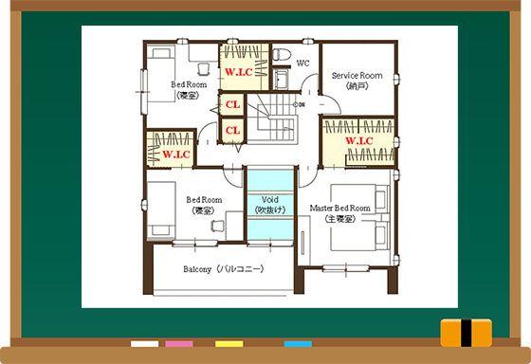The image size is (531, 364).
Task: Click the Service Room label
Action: coord(357,81)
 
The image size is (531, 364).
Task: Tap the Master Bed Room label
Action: coord(340,213)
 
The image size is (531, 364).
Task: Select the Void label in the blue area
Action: coord(270,205)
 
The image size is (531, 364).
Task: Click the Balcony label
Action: coord(224,269)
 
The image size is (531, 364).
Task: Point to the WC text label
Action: coord(302,64)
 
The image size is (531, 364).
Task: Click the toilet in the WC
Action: coord(282,54)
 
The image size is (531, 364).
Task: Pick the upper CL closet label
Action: coord(232,104)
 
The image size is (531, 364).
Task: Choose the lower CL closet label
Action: coord(232,131)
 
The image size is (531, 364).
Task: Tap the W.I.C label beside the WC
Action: coord(239,72)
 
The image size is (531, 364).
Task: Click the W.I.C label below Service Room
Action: coord(359,140)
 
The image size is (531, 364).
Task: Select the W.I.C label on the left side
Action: coord(176,155)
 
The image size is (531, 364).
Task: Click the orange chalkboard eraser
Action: coord(466,333)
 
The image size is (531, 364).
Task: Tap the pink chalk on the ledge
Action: coord(179,344)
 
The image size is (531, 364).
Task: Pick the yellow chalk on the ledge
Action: coord(229,344)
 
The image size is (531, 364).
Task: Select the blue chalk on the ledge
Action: coord(298,344)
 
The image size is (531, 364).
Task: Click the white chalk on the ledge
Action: coord(144,344)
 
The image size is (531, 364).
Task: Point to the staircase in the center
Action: coord(273,118)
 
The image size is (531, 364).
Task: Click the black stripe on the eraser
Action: coord(466,333)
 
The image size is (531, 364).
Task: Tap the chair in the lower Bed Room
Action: coord(218,226)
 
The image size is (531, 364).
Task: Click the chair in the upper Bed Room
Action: coord(204,69)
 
